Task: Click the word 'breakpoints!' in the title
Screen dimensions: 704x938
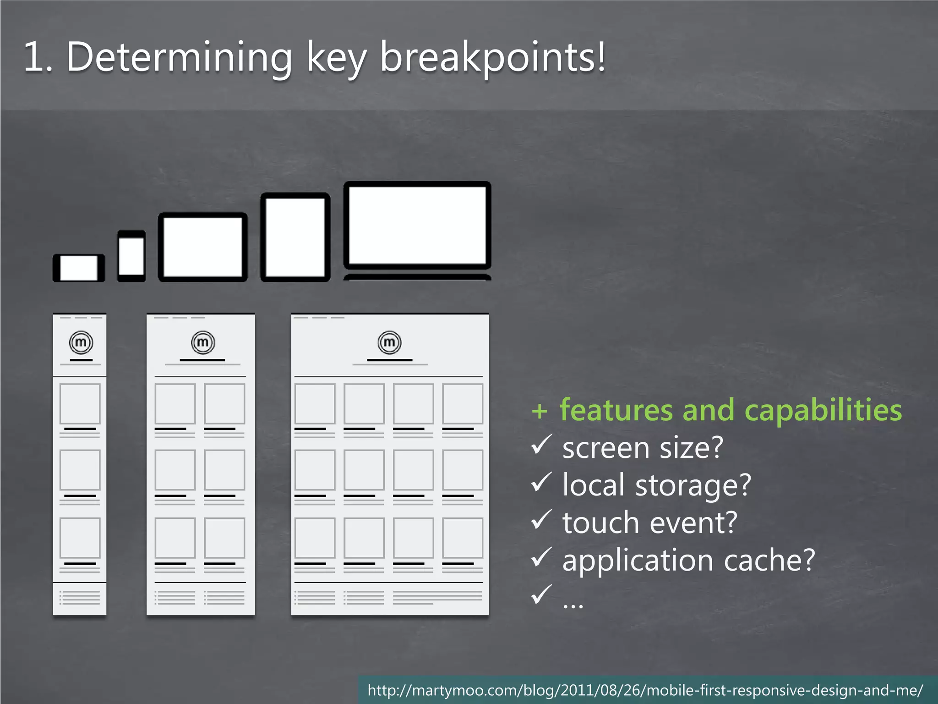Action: (493, 57)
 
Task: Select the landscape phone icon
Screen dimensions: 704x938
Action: (79, 268)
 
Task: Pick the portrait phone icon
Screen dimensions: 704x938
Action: (131, 256)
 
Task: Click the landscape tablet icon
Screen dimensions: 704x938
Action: (202, 247)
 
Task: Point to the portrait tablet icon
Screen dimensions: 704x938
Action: (295, 237)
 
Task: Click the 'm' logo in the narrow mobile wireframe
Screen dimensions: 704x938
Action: (81, 342)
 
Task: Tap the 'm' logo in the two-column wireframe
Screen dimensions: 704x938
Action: (202, 342)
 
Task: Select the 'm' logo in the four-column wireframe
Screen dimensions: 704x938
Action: (389, 342)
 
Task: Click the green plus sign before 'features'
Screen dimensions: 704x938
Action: (540, 411)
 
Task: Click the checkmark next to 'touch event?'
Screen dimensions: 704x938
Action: (541, 520)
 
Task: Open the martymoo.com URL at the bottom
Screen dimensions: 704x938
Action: (645, 690)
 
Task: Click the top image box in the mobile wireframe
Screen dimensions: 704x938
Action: (80, 404)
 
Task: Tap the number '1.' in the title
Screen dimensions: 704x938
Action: (38, 57)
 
